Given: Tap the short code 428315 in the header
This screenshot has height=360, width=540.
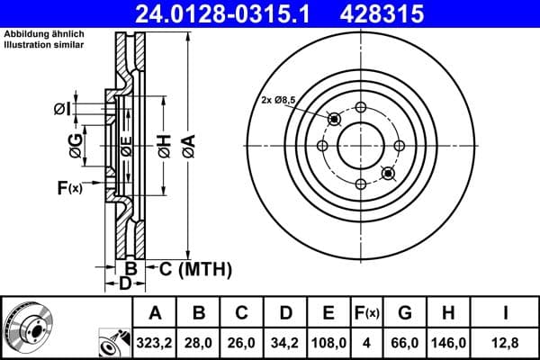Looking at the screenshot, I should tap(393, 13).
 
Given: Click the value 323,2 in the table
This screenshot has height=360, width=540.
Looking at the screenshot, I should tap(155, 342).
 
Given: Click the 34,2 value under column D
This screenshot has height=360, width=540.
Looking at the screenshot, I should tap(286, 342).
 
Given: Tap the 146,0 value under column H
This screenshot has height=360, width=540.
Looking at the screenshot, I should tap(447, 342).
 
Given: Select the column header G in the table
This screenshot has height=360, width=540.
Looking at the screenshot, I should tap(404, 313).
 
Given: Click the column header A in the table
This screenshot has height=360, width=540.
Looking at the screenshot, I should tap(155, 313).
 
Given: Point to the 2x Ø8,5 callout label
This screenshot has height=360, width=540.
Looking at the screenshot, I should tap(281, 99).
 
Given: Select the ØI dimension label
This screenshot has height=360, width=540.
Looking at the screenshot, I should tap(61, 109).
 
